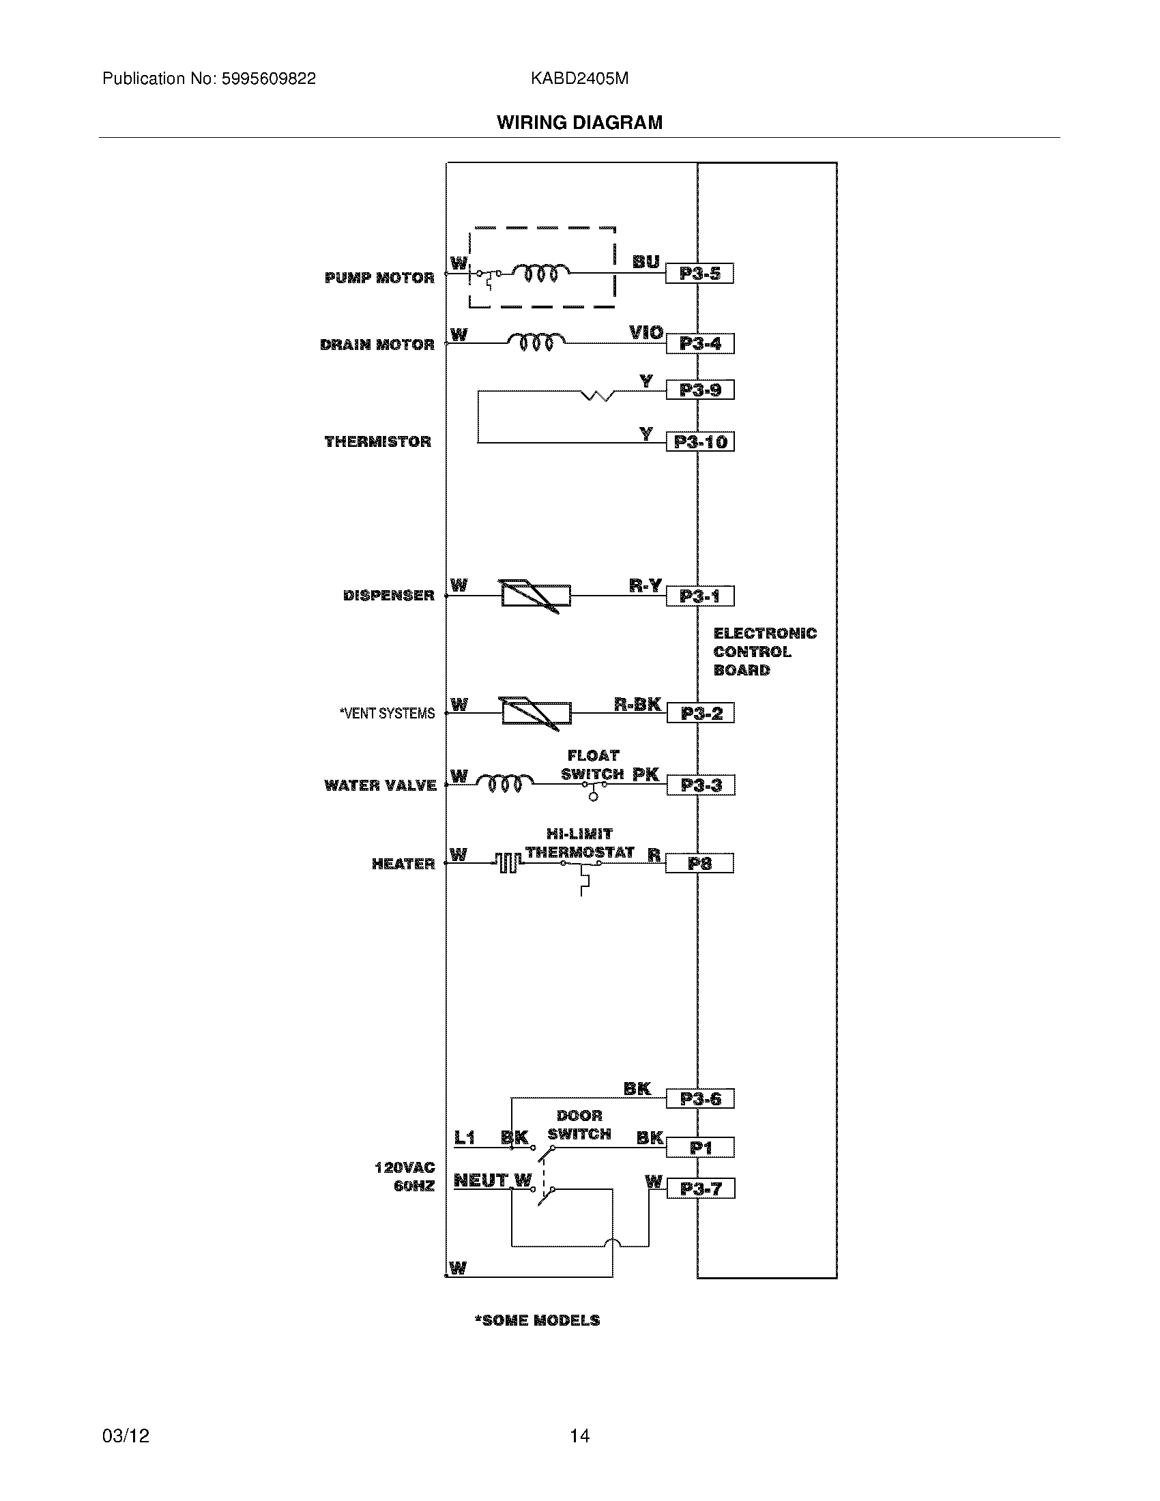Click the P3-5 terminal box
tap(699, 274)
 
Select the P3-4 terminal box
tap(699, 344)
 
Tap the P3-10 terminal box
tap(699, 441)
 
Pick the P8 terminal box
tap(699, 863)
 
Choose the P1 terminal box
tap(700, 1147)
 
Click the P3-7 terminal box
tap(700, 1189)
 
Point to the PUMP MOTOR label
tap(379, 278)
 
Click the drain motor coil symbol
tap(536, 341)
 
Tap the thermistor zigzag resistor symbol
tap(598, 395)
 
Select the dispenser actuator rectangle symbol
tap(536, 596)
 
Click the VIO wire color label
tap(646, 333)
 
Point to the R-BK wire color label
tap(637, 704)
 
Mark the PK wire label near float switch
tap(646, 774)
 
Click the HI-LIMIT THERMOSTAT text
tap(579, 843)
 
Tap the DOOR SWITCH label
tap(579, 1125)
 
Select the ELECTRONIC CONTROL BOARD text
tap(764, 652)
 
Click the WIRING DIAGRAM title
tap(579, 122)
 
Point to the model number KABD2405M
tap(579, 78)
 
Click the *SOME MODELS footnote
tap(537, 1320)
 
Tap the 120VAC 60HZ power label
tap(405, 1177)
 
